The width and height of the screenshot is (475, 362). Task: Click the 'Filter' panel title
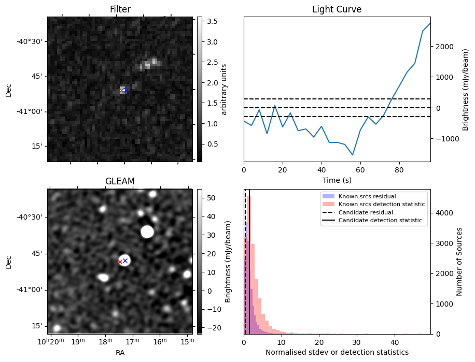[x=120, y=9]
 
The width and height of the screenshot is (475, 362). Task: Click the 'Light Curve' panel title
[x=337, y=9]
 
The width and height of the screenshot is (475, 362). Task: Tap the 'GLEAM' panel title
[x=120, y=181]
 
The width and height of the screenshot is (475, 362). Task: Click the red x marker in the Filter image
[x=121, y=91]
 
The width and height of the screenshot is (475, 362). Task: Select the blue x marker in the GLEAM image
[x=125, y=260]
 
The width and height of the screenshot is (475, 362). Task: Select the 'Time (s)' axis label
[x=337, y=180]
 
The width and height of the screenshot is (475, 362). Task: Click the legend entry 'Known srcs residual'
[x=367, y=196]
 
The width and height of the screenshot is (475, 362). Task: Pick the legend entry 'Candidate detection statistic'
[x=379, y=221]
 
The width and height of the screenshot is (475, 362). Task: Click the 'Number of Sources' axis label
[x=459, y=261]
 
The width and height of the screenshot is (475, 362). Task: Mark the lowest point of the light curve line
[x=353, y=155]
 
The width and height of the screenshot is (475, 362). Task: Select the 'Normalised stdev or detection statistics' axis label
[x=337, y=353]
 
